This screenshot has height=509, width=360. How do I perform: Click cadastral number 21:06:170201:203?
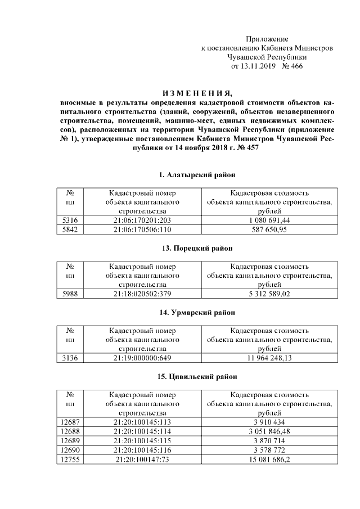pos(142,220)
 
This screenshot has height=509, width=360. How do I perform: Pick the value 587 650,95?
pos(268,229)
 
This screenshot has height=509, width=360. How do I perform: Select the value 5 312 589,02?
pos(268,293)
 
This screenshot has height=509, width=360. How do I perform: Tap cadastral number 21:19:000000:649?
pos(142,357)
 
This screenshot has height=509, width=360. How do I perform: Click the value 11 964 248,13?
pos(268,357)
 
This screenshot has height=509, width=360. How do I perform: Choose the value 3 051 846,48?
pos(268,431)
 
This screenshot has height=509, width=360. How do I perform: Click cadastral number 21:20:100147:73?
pos(142,460)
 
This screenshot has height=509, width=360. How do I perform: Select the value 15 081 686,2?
pos(268,460)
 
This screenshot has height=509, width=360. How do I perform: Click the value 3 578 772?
pos(268,450)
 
